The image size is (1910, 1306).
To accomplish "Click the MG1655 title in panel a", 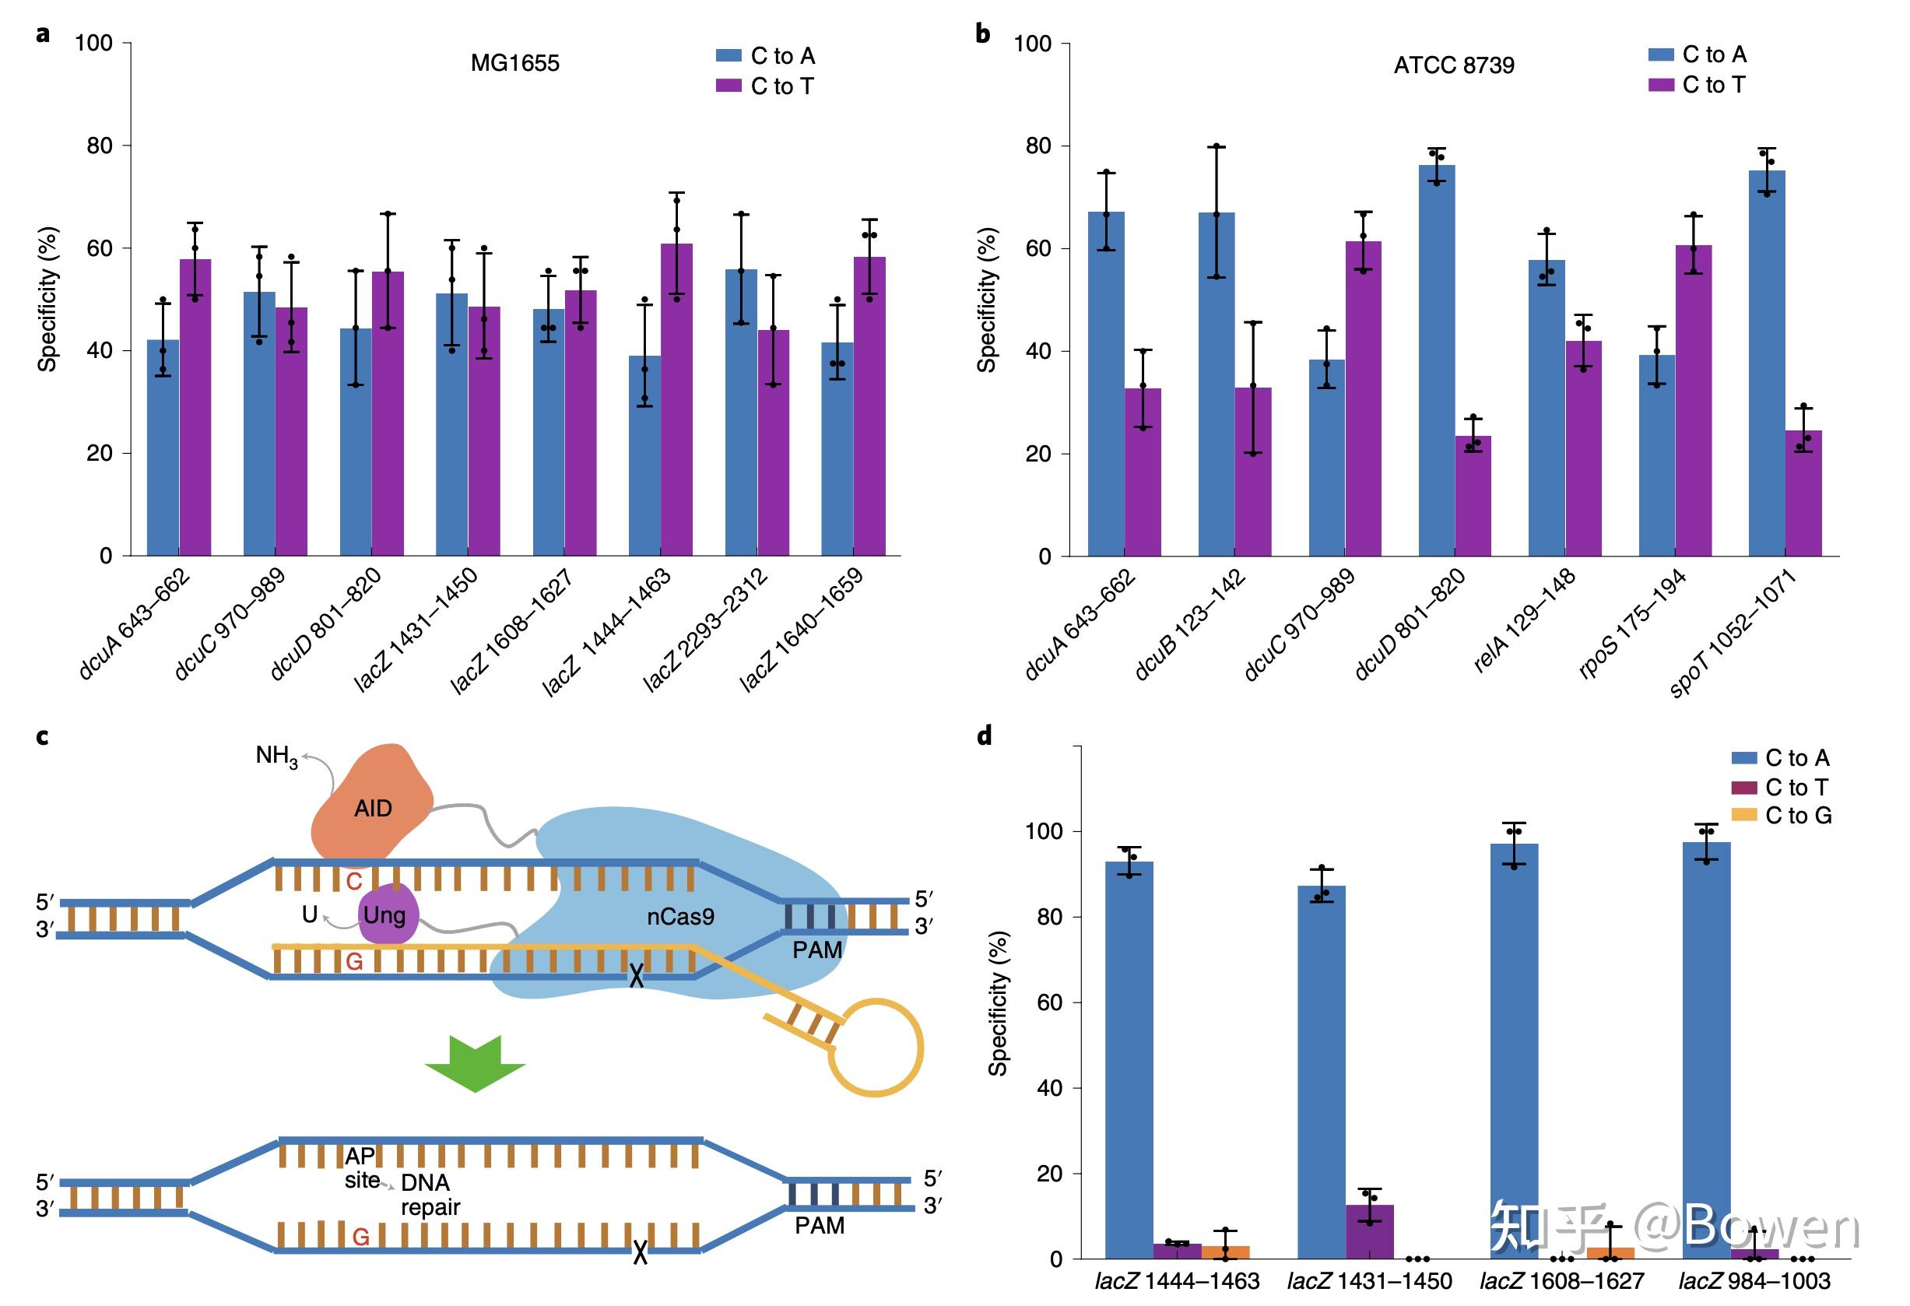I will (x=514, y=63).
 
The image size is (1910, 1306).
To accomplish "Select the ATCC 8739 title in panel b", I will (x=1453, y=65).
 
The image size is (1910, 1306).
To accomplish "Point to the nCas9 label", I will (x=679, y=916).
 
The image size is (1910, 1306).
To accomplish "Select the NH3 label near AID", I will (x=276, y=757).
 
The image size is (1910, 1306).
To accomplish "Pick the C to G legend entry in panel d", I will (x=1782, y=816).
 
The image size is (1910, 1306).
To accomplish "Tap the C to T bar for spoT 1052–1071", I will (x=1803, y=493).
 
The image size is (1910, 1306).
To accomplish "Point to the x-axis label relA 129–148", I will (x=1524, y=620).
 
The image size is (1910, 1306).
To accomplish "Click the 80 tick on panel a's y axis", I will (x=99, y=146).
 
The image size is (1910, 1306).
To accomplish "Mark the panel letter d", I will (x=984, y=735).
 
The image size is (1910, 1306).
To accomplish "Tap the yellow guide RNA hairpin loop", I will (x=876, y=1048).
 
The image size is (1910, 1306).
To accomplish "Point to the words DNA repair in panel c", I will (x=429, y=1194).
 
